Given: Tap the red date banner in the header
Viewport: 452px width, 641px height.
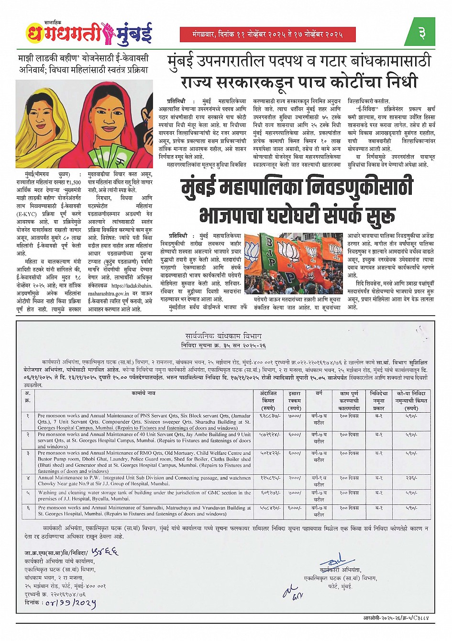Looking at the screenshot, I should [x=267, y=34].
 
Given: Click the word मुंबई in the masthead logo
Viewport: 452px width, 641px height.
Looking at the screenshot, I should [x=134, y=33].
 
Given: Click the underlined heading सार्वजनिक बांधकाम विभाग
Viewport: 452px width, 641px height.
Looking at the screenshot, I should [x=224, y=336].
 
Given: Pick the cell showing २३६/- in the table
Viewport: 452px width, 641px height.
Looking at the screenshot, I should [x=411, y=478].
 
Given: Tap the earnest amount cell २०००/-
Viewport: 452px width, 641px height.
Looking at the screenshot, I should [x=295, y=478].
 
